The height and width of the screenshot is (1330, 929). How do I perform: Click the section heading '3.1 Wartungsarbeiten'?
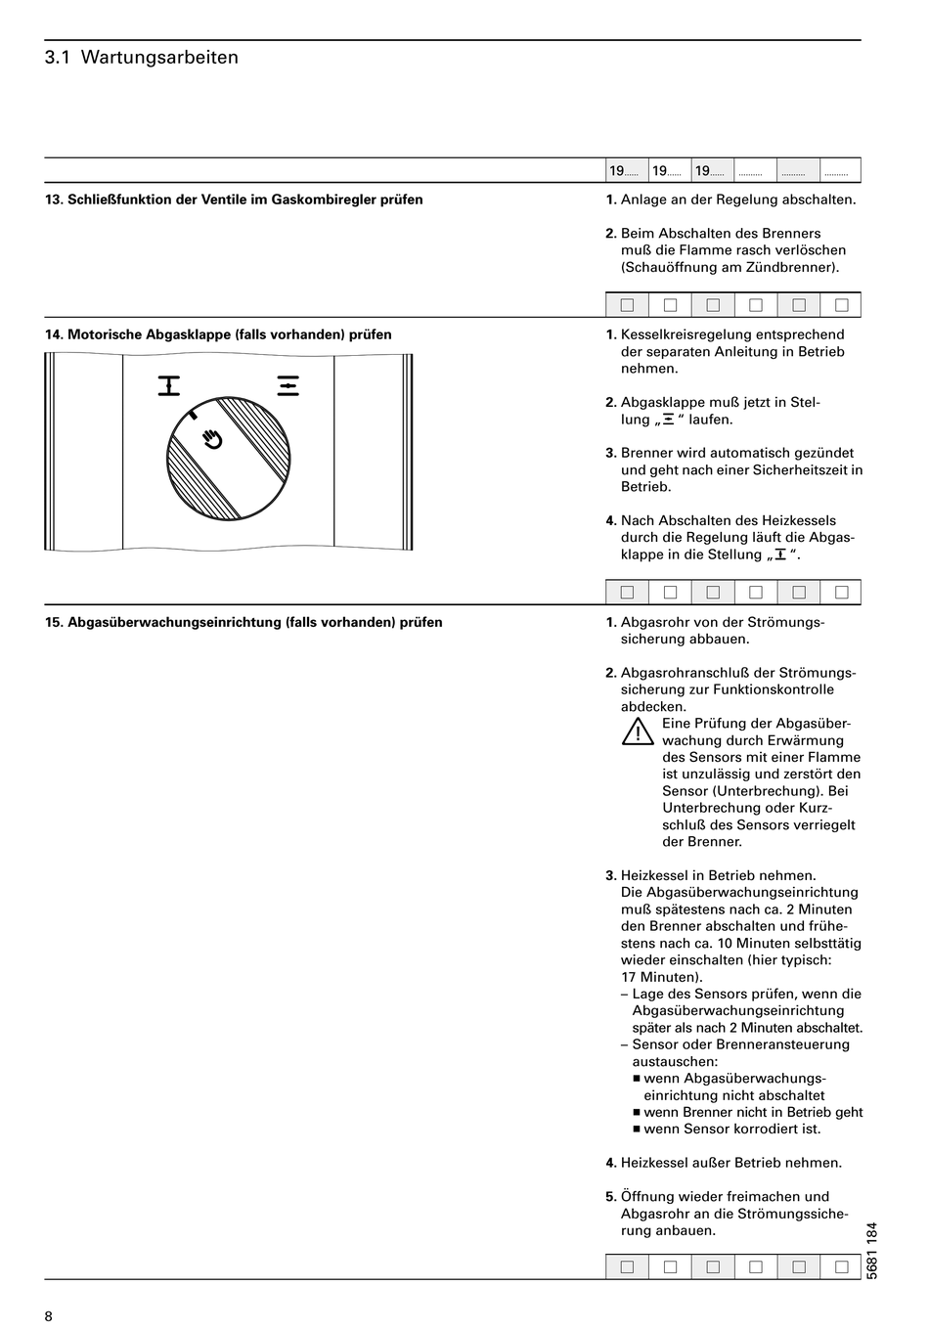point(142,58)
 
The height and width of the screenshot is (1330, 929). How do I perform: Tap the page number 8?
point(49,1315)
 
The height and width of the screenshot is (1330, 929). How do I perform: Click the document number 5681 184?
point(872,1250)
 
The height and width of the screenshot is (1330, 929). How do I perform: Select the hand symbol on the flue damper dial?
point(212,439)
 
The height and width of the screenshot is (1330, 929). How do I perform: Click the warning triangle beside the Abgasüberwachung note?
point(638,731)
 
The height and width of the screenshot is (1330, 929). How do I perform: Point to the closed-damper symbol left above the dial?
point(170,386)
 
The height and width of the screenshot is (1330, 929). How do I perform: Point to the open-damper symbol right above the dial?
point(288,386)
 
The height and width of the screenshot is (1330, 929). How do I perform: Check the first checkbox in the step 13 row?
point(627,305)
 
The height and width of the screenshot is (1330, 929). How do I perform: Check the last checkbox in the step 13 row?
point(841,305)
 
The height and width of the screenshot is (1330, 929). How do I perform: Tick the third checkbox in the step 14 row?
point(713,592)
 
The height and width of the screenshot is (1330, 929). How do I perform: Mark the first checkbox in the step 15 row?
point(627,1267)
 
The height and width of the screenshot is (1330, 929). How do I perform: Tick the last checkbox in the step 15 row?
point(841,1267)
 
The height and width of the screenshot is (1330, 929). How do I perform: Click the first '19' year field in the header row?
point(626,171)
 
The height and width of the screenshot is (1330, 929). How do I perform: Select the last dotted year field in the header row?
point(840,171)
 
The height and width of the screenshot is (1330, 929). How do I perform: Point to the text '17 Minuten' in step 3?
point(660,977)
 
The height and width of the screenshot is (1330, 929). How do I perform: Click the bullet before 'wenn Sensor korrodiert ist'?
point(636,1130)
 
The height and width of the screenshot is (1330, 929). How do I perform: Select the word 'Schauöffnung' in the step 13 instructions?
point(668,267)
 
